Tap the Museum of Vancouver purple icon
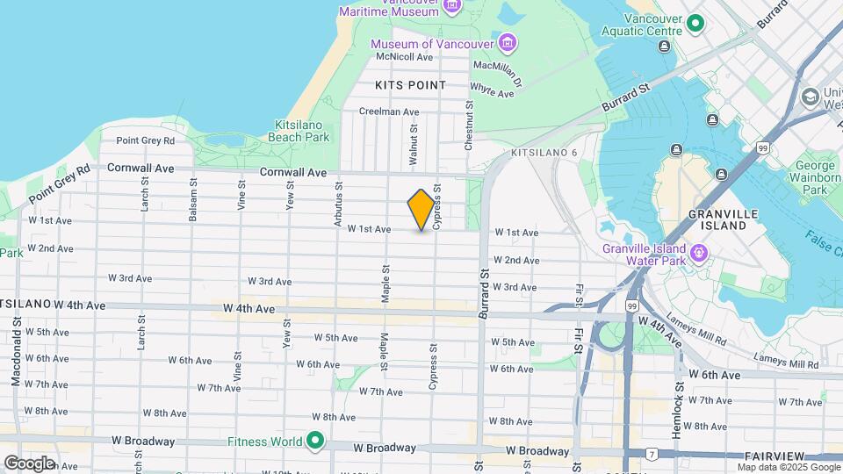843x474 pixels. tap(508, 43)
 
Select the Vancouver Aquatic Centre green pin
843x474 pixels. tap(695, 24)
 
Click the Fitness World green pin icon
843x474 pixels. tap(314, 441)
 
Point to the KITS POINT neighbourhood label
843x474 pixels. tap(410, 85)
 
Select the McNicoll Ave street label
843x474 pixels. tap(405, 57)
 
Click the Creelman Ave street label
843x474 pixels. tap(389, 111)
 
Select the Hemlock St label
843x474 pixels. tap(679, 396)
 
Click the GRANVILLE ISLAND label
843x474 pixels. tap(717, 219)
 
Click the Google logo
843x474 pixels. tap(29, 463)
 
